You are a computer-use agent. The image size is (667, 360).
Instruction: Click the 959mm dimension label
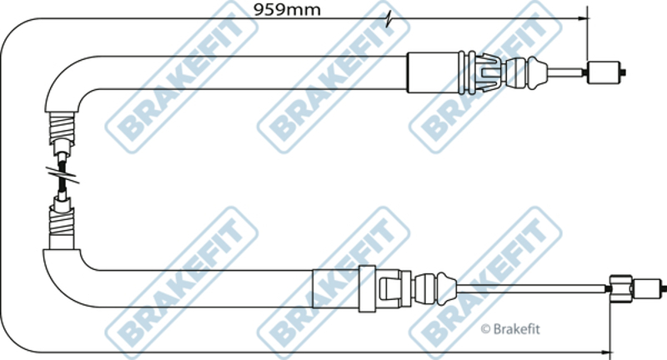click(287, 9)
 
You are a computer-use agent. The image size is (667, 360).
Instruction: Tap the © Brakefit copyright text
click(510, 328)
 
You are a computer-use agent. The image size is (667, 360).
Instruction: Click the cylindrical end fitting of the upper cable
click(605, 72)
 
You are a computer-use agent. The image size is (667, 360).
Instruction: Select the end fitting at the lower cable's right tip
click(649, 288)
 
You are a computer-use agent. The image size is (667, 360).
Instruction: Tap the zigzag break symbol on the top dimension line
click(389, 19)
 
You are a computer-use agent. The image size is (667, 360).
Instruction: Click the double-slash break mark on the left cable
click(63, 174)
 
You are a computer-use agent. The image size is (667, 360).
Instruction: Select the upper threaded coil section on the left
click(62, 127)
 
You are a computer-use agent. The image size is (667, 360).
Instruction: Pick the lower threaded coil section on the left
click(62, 220)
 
